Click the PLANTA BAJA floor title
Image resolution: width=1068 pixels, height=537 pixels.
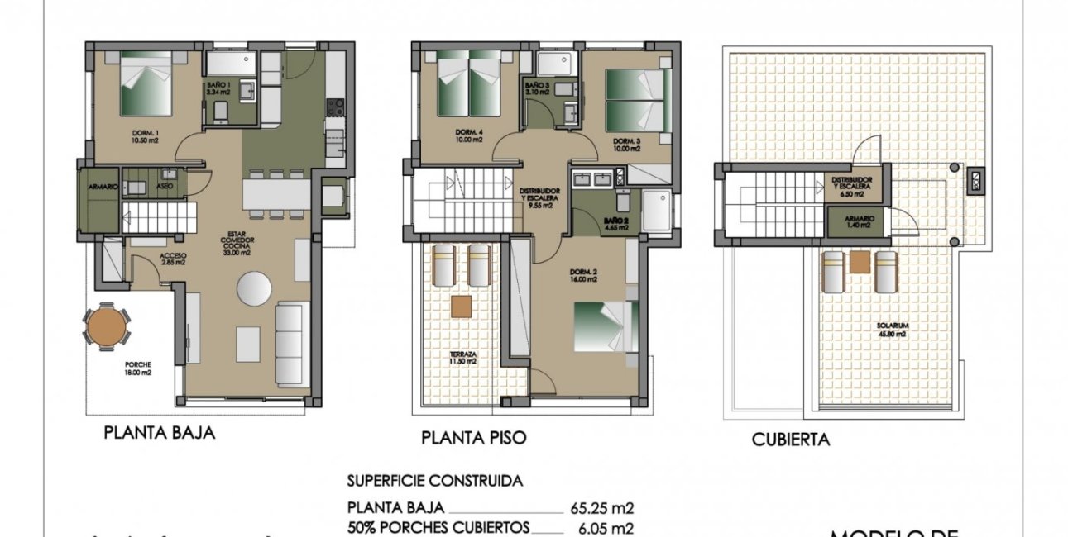tap(159, 432)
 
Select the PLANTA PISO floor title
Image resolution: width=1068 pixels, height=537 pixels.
tap(473, 437)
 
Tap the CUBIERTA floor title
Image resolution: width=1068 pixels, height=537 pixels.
tap(790, 440)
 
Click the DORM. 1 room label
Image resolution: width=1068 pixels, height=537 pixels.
tap(144, 135)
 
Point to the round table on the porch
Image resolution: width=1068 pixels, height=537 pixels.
tap(106, 326)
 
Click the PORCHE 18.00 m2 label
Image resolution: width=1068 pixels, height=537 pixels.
tap(137, 367)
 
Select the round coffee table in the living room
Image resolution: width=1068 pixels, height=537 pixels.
tap(254, 289)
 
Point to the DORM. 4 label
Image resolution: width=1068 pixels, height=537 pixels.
tap(469, 135)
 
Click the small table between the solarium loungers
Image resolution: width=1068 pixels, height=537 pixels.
tap(860, 262)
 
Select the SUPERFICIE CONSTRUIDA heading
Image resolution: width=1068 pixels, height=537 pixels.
tap(434, 480)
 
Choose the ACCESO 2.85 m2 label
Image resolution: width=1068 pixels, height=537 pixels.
tap(174, 259)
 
